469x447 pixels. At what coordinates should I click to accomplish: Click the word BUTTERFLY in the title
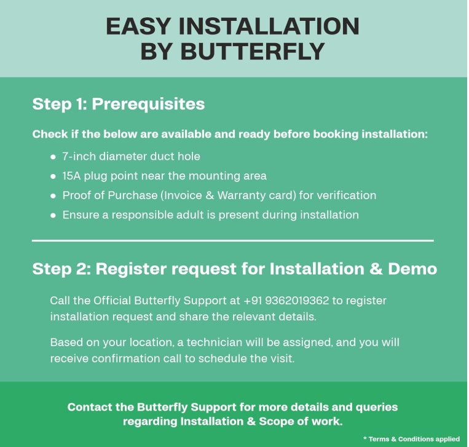pyautogui.click(x=253, y=51)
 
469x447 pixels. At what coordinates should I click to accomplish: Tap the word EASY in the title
pyautogui.click(x=138, y=26)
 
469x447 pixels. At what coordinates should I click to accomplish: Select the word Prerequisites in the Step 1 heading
pyautogui.click(x=148, y=105)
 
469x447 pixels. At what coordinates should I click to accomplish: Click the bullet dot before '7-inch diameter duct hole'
pyautogui.click(x=53, y=157)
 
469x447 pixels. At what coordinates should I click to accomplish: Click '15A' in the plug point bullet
pyautogui.click(x=71, y=176)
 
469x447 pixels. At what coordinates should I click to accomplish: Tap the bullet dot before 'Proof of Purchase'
pyautogui.click(x=53, y=196)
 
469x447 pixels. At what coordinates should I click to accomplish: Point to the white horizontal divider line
pyautogui.click(x=233, y=240)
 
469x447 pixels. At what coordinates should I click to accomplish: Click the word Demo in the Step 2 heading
pyautogui.click(x=412, y=269)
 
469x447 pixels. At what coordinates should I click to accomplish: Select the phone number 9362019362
pyautogui.click(x=297, y=301)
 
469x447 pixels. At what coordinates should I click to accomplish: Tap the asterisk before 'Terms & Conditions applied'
pyautogui.click(x=365, y=438)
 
